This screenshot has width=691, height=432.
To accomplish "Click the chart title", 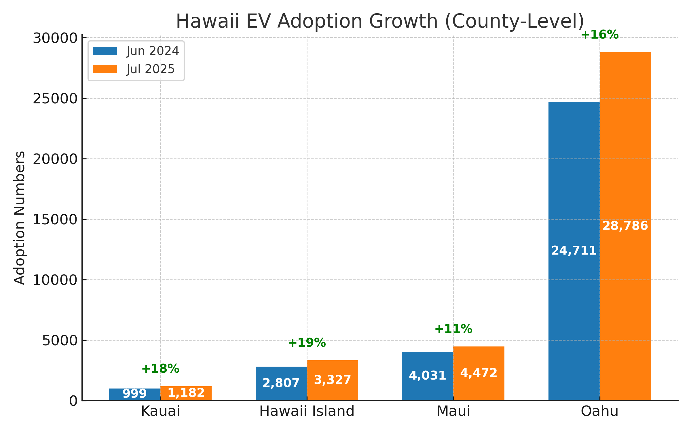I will click(x=380, y=21).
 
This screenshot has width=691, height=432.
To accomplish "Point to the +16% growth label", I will click(x=599, y=35).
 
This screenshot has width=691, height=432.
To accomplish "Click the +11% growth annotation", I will click(x=453, y=329).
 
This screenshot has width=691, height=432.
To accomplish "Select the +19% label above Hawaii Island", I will click(x=307, y=343).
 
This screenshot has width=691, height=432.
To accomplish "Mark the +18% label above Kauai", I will click(x=160, y=369).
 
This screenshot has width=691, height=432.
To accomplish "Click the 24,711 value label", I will click(x=574, y=251).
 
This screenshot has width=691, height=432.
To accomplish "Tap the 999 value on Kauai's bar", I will click(x=134, y=393).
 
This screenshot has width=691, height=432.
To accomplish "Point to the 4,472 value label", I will click(x=479, y=373).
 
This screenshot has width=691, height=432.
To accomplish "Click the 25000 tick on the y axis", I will click(x=55, y=99).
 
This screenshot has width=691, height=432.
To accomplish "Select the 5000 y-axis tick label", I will click(x=60, y=341).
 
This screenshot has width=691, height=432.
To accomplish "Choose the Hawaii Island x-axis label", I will click(x=307, y=411).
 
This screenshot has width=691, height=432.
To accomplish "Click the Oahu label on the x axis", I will click(x=599, y=411).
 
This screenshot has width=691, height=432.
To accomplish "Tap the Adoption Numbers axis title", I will click(x=20, y=218).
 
